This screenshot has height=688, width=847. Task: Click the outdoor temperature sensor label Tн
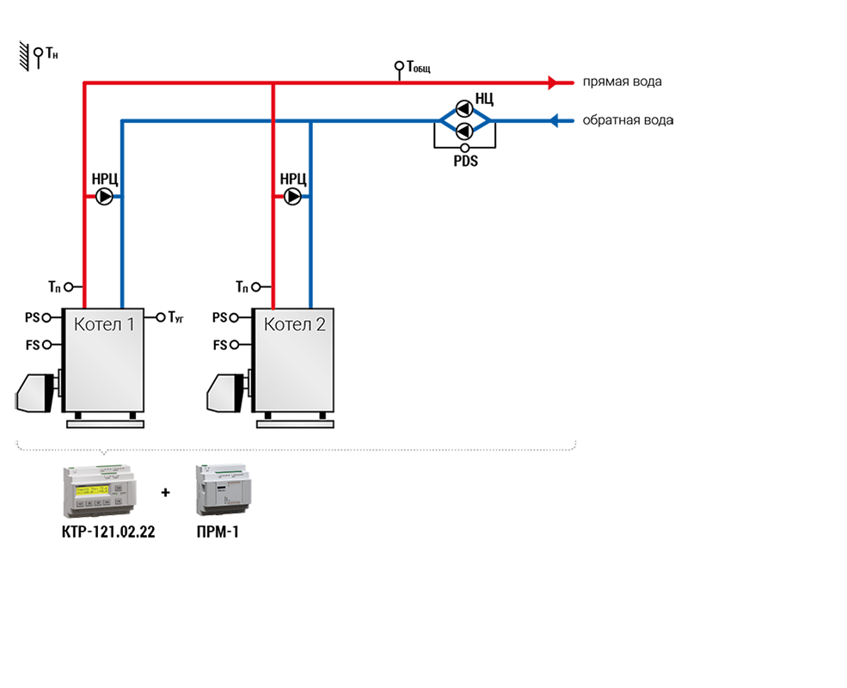[x=52, y=53]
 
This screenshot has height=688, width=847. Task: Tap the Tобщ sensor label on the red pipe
[x=419, y=67]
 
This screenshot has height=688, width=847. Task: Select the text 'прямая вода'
[x=622, y=82]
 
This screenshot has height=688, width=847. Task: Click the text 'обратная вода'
[x=628, y=120]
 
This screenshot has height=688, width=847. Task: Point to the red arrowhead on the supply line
[x=553, y=83]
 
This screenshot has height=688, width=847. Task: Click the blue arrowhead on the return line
[x=554, y=120]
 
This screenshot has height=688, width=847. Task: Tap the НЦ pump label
[x=484, y=99]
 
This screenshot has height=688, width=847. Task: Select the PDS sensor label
[x=465, y=161]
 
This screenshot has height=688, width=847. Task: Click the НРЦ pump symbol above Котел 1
[x=104, y=197]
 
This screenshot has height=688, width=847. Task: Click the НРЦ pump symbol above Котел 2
[x=292, y=197]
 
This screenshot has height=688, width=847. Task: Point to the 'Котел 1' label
[x=104, y=324]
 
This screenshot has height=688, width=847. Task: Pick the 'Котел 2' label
[x=294, y=324]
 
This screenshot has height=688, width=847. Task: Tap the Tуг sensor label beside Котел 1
[x=175, y=317]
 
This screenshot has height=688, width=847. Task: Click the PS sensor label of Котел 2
[x=220, y=317]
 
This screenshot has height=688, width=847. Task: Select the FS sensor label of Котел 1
[x=33, y=345]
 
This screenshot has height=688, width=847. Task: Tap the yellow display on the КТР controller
[x=92, y=490]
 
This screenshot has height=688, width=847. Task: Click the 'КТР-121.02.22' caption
[x=108, y=532]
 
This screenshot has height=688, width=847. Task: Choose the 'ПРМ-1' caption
[x=218, y=532]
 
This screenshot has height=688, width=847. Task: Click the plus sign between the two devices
[x=166, y=493]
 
